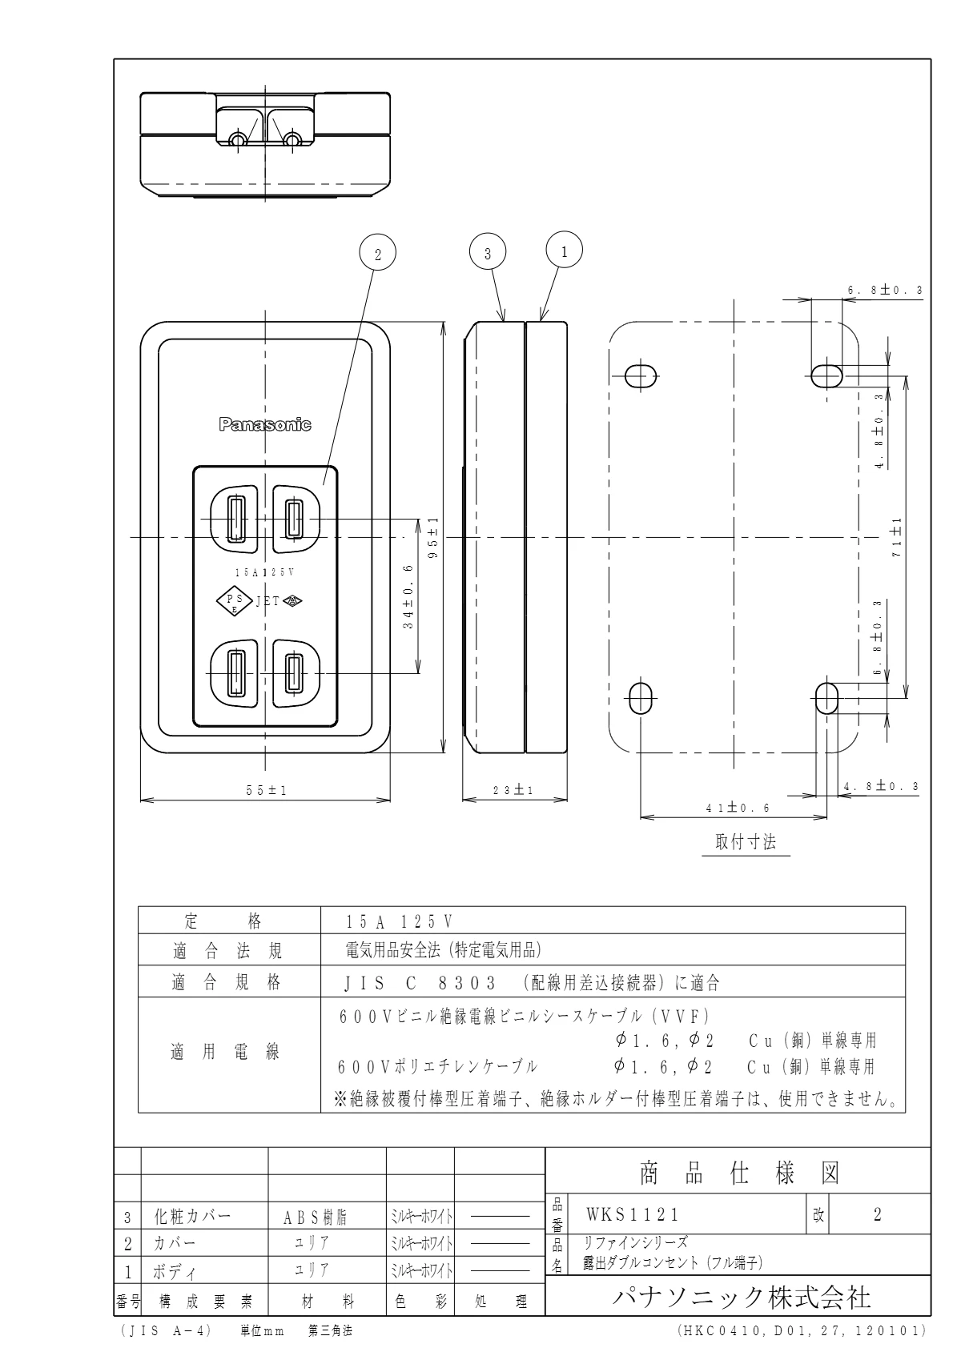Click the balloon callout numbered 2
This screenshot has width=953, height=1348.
click(379, 254)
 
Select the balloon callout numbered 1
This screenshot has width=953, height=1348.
click(564, 251)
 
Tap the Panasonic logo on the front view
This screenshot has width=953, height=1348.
click(265, 425)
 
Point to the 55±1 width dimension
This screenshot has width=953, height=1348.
click(266, 790)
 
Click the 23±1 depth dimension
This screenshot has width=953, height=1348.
click(515, 790)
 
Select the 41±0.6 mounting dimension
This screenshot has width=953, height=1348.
click(737, 808)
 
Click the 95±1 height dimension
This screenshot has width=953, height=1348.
click(433, 536)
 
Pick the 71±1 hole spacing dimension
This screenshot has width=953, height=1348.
click(896, 538)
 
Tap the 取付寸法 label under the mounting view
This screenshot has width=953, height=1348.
click(746, 842)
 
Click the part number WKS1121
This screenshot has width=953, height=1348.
click(633, 1214)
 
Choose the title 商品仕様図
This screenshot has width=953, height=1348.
click(738, 1173)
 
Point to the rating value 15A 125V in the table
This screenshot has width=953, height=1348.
click(400, 921)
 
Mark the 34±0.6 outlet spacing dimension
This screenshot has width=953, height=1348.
click(408, 596)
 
